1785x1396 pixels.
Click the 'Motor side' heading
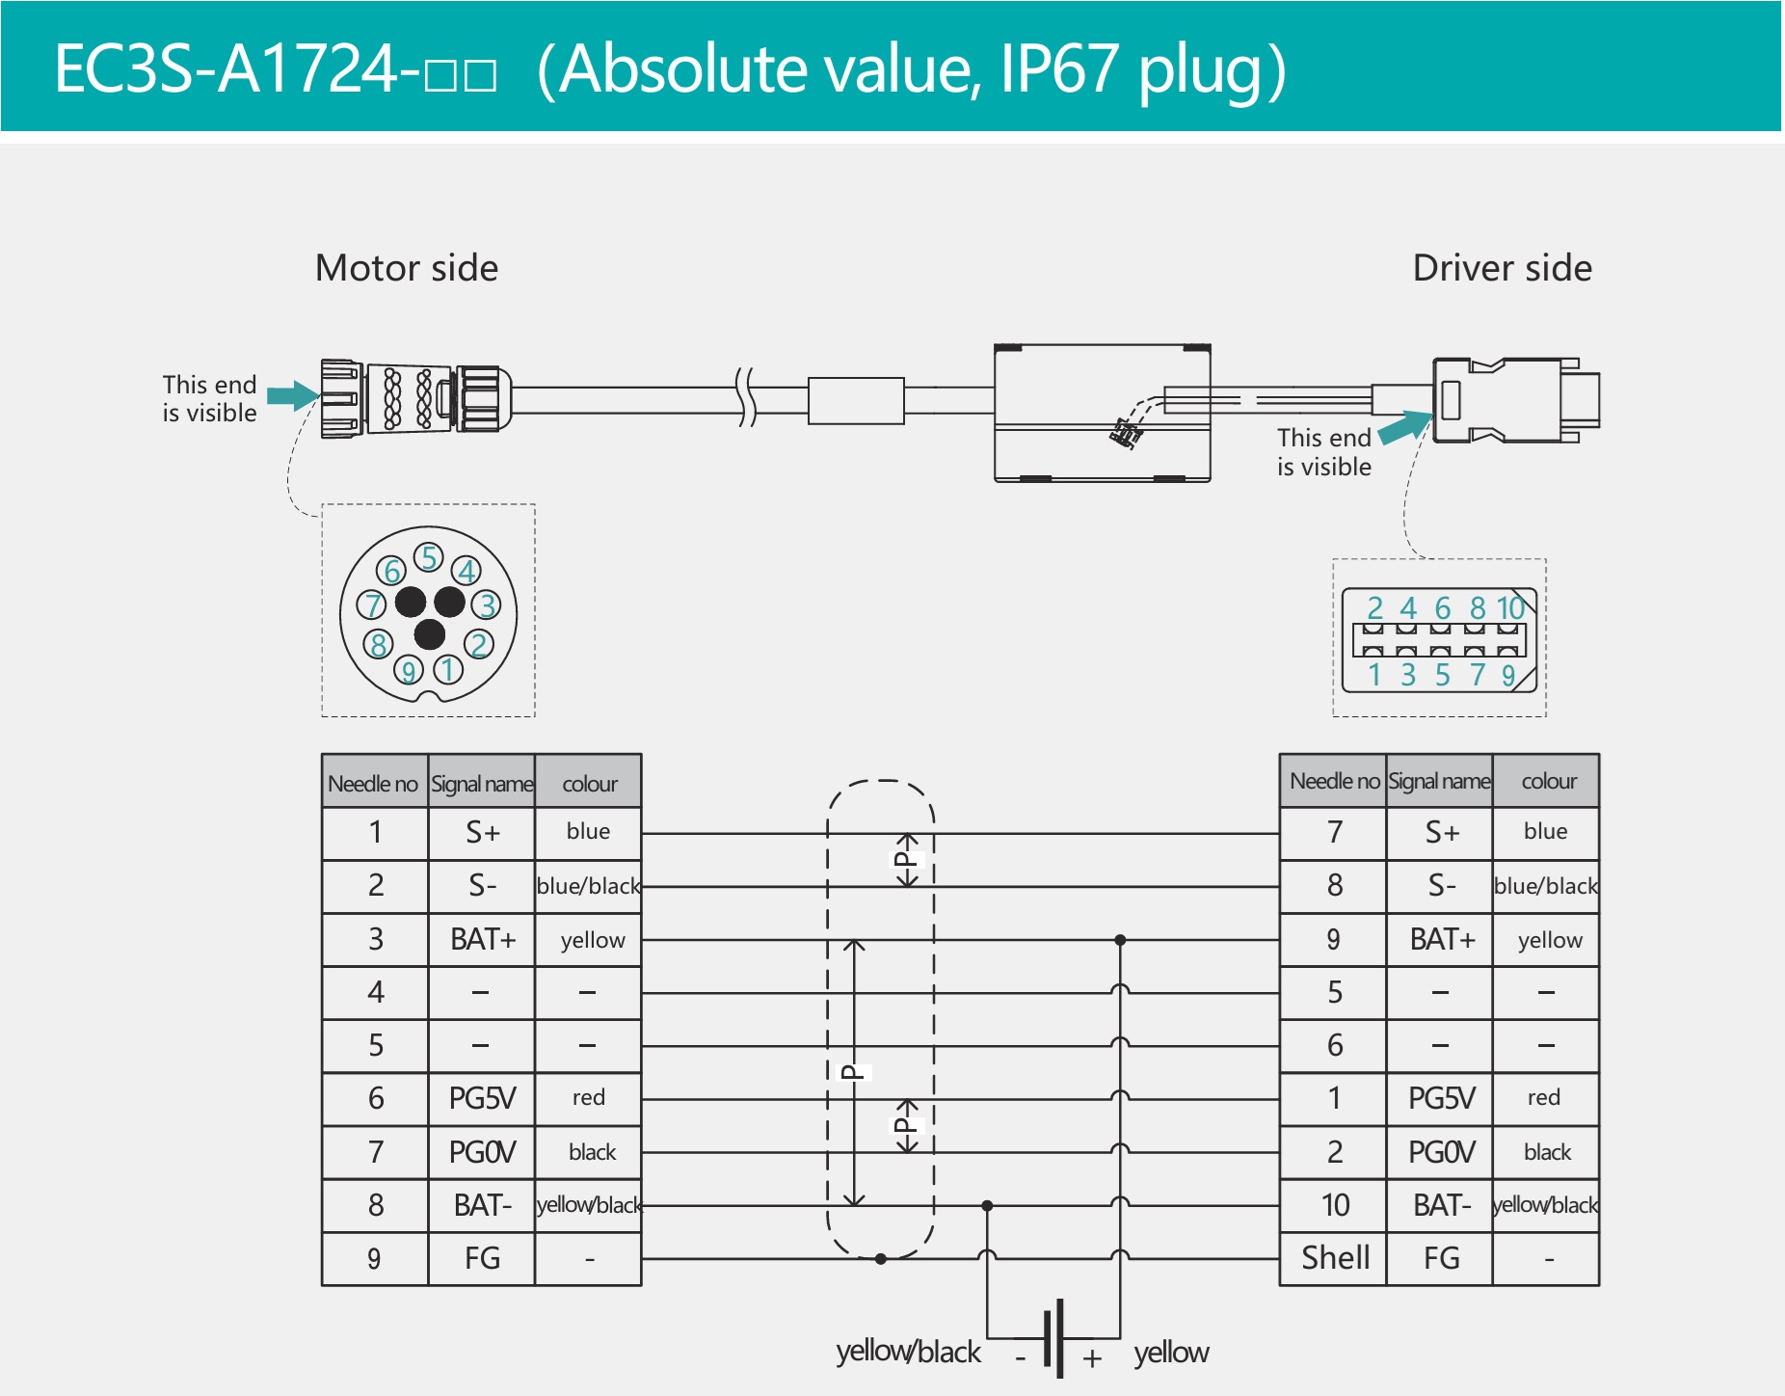tap(406, 268)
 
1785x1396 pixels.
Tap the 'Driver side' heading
tap(1502, 268)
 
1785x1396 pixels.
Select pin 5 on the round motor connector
tap(428, 557)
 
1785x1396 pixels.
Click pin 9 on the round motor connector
tap(409, 670)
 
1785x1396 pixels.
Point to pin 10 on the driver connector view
tap(1510, 608)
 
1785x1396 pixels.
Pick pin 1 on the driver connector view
tap(1374, 675)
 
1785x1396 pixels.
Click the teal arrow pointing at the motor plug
tap(292, 395)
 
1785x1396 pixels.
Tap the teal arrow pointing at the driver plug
tap(1405, 426)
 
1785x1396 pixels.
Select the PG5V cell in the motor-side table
tap(482, 1098)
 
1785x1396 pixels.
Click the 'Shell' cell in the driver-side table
tap(1335, 1258)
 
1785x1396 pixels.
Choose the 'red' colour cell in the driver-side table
tap(1544, 1098)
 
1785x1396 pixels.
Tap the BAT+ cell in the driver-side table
tap(1441, 939)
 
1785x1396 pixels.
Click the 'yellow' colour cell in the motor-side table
tap(592, 940)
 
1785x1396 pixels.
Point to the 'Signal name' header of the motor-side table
tap(482, 783)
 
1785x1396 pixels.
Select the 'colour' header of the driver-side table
tap(1548, 781)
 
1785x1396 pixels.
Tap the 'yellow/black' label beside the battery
tap(908, 1352)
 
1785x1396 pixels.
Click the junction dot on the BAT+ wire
tap(1120, 940)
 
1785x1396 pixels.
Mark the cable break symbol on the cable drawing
tap(745, 396)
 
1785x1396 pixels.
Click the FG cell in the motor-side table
tap(482, 1258)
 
